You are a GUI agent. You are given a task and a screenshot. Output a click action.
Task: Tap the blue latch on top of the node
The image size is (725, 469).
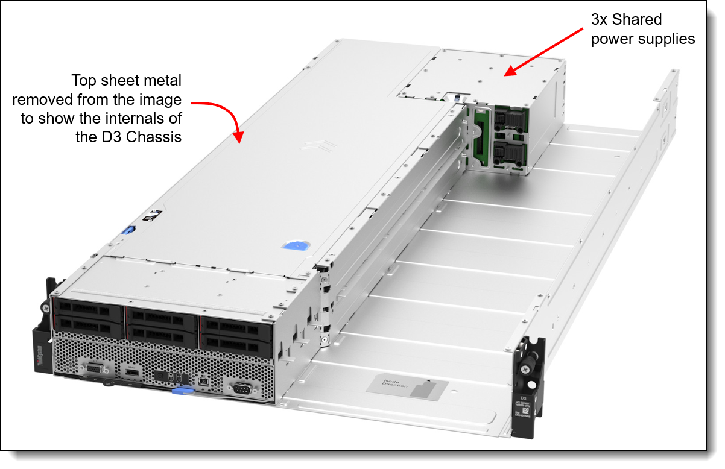pos(294,247)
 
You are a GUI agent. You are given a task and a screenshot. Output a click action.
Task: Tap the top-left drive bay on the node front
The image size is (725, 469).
pos(88,309)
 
